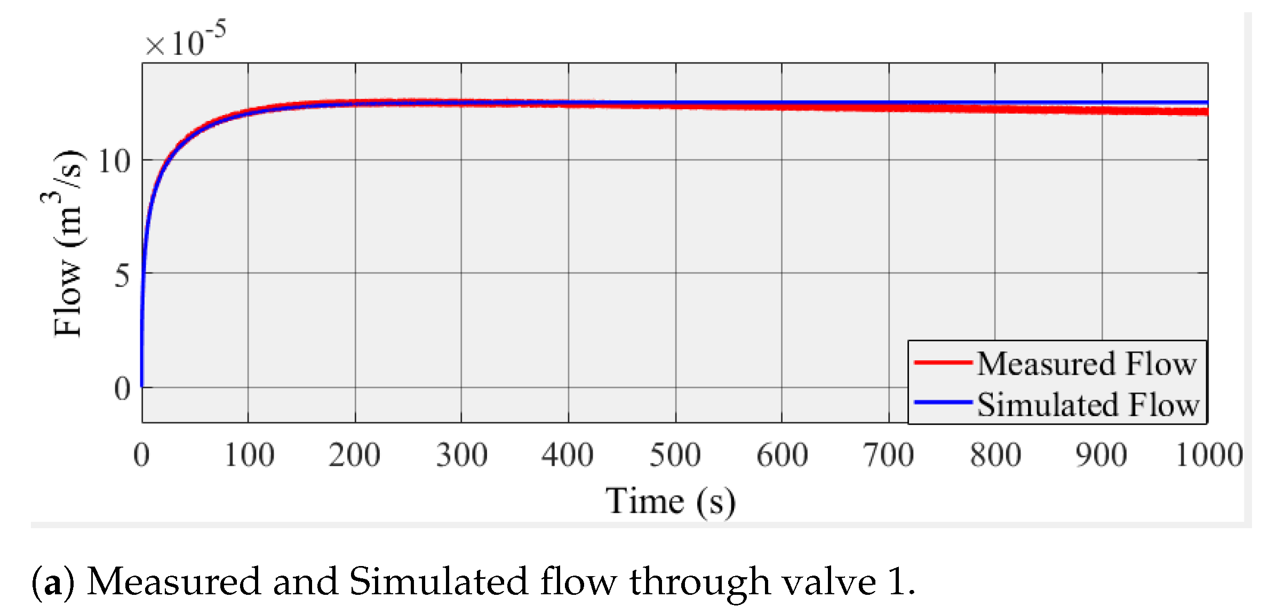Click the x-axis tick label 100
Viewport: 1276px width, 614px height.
249,455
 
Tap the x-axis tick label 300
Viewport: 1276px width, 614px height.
462,455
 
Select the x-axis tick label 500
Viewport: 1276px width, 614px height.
675,455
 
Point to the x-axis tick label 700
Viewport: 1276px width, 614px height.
889,455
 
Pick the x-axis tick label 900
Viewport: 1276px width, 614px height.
1102,455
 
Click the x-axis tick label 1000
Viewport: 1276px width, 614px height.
1209,455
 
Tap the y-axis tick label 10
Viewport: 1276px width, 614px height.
114,161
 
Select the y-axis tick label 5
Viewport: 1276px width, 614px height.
122,276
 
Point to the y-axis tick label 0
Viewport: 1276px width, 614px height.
122,389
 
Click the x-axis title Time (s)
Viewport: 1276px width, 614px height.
671,502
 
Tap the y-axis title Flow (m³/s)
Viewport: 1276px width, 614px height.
68,244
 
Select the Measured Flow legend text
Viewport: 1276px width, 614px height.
1087,364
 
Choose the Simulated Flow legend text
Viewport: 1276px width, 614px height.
1088,405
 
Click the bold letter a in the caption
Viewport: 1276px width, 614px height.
53,583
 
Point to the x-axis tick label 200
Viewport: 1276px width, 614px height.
355,455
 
